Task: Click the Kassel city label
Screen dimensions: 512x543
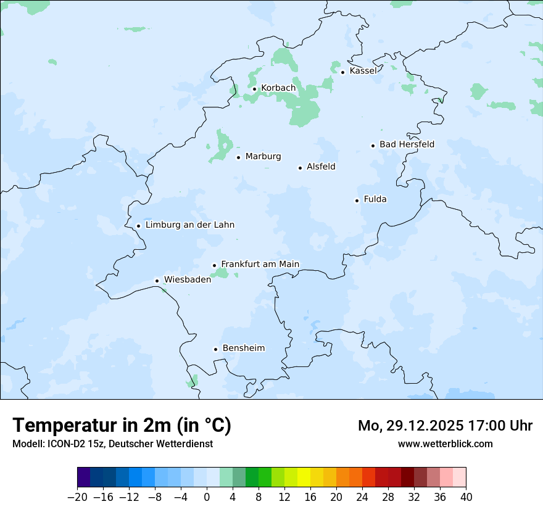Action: [x=363, y=71]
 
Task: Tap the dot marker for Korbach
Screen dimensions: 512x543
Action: [x=254, y=89]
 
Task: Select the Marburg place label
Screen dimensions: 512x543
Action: [x=263, y=157]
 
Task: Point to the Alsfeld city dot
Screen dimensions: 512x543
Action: [x=300, y=168]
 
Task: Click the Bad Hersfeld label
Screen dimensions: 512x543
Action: [x=407, y=144]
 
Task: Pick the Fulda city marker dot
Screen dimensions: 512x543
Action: [x=357, y=200]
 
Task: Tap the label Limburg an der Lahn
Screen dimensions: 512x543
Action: [x=189, y=225]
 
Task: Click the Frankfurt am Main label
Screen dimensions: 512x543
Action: [x=260, y=264]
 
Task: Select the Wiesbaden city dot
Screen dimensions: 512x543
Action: [x=157, y=281]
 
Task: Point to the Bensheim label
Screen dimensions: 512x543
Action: [x=243, y=349]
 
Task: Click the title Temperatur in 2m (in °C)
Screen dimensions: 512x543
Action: [x=122, y=426]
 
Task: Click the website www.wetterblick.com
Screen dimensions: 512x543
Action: [x=445, y=444]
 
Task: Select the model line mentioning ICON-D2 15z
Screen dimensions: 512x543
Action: [x=112, y=444]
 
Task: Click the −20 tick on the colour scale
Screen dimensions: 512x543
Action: [x=77, y=497]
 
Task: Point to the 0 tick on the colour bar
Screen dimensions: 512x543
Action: [x=207, y=497]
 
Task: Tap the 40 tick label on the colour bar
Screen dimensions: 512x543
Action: [x=466, y=497]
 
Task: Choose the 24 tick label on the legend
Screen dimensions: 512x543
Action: [x=362, y=497]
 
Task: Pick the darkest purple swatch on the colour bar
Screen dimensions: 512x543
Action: [x=84, y=477]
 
